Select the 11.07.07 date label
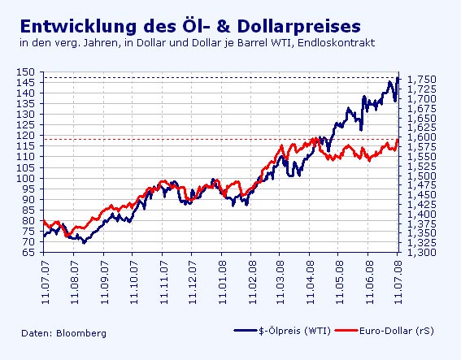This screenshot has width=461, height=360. point(44,277)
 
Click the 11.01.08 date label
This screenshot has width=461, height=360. point(220,277)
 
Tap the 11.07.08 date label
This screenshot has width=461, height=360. point(397,277)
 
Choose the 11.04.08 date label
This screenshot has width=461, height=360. point(310,277)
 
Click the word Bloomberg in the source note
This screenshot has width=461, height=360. point(81,333)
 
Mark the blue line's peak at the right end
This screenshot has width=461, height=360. point(397,78)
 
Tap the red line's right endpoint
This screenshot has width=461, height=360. point(398,139)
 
